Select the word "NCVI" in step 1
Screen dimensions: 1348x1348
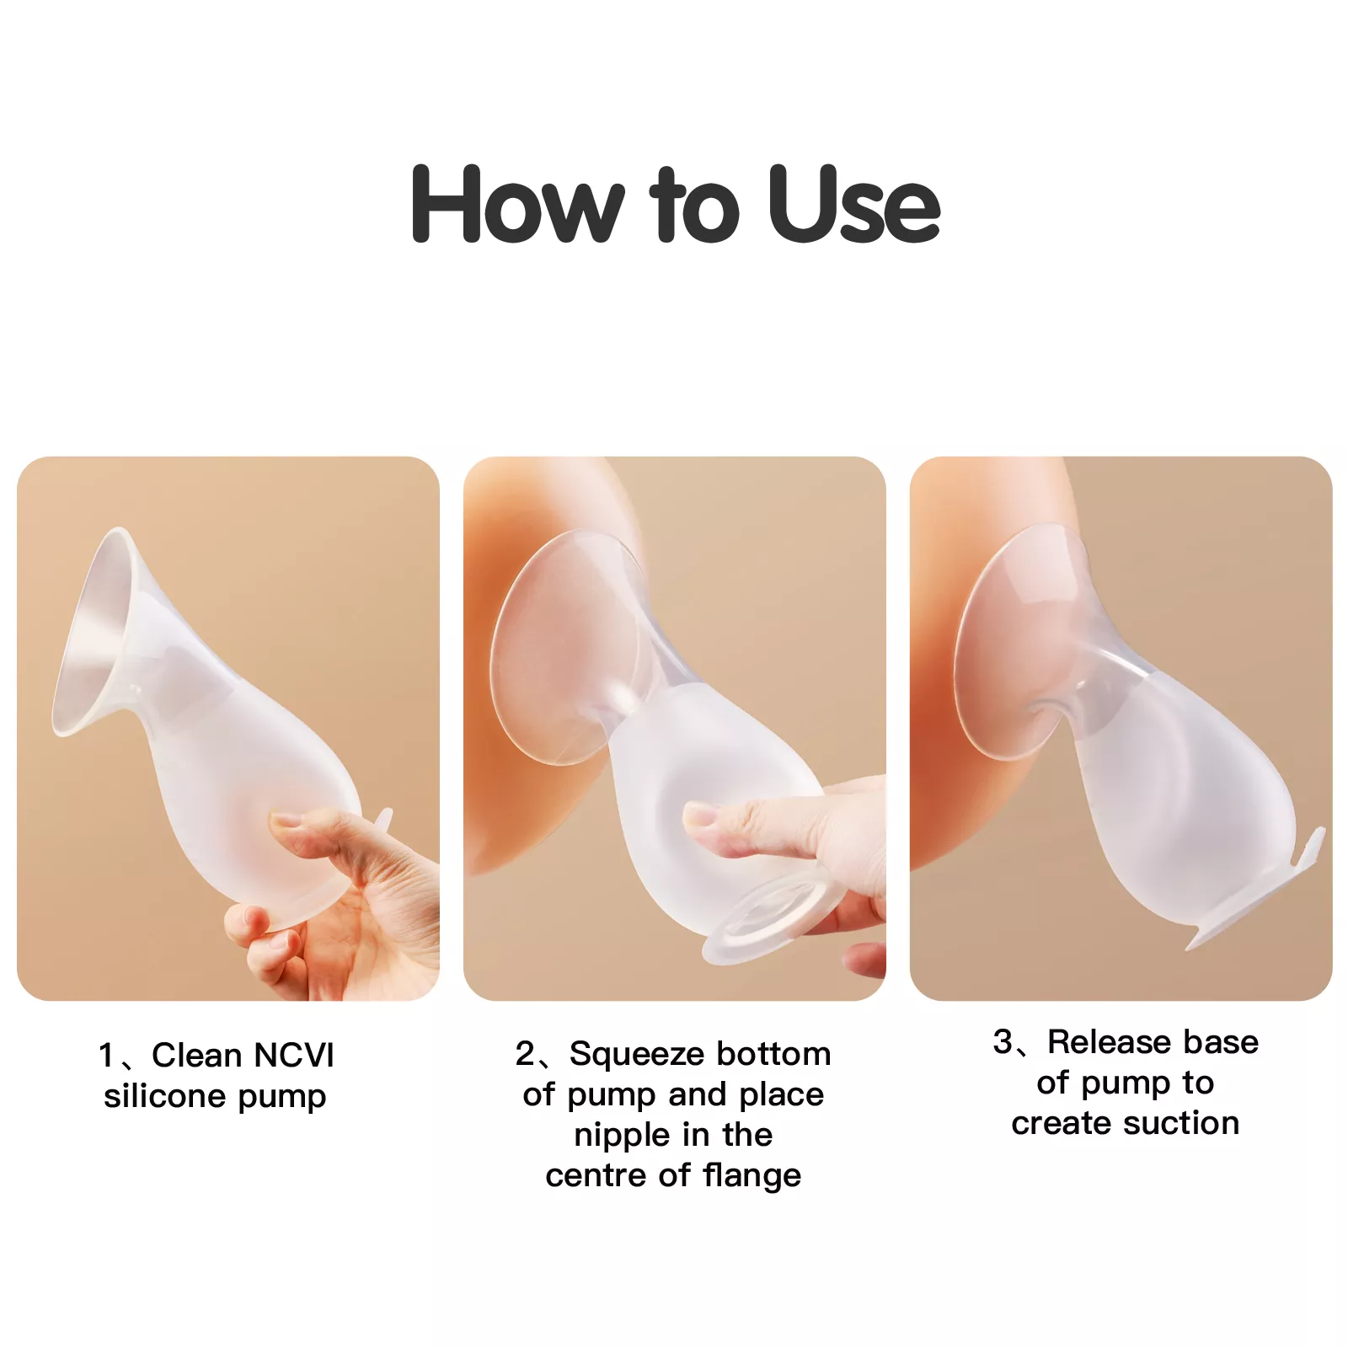coord(294,1056)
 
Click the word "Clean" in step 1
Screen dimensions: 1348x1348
coord(196,1056)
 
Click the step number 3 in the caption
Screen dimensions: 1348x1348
coord(1003,1042)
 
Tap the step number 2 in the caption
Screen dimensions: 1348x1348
coord(525,1054)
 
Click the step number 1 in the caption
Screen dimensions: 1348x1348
coord(106,1056)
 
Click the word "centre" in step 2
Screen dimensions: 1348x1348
coord(596,1176)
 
